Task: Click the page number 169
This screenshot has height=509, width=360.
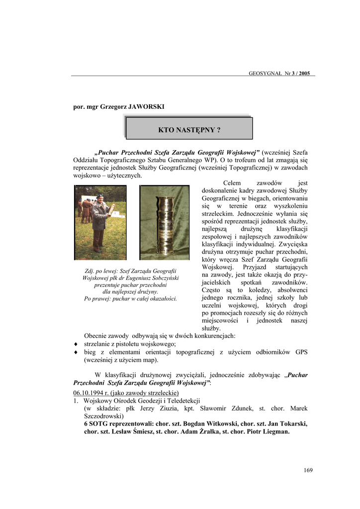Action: pos(308,471)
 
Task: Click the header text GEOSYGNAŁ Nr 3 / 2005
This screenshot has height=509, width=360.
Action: pos(279,73)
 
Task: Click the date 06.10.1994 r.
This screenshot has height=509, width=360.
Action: pos(88,393)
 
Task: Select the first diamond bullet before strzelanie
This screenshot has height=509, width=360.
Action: pos(76,344)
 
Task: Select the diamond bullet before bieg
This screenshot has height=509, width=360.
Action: pos(76,352)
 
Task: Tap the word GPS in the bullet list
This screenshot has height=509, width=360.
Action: pos(301,352)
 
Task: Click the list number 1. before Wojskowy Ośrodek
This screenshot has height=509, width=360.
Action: pos(76,400)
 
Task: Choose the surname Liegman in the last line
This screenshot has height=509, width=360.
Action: pos(276,431)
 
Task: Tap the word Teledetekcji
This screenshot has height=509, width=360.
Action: pos(183,400)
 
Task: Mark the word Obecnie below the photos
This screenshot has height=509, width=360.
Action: pos(96,336)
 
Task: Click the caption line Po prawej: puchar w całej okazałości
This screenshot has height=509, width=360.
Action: pos(131,299)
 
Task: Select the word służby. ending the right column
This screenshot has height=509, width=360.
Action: pos(211,328)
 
